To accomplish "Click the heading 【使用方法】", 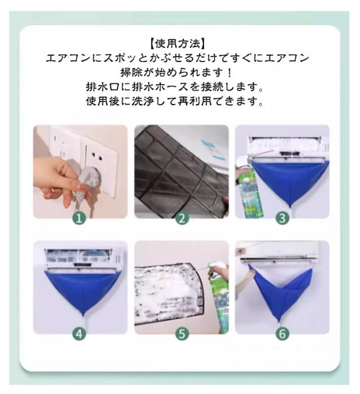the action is (x=178, y=44).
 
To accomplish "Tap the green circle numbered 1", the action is (x=79, y=219).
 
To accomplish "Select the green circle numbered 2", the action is (x=182, y=219).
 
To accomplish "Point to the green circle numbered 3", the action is (x=282, y=219).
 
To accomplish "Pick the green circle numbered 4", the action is (x=79, y=334).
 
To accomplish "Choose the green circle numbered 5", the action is (x=182, y=334).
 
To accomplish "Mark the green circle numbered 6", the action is (x=282, y=334).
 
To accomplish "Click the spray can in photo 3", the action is (x=249, y=187).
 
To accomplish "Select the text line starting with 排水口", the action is (x=175, y=87).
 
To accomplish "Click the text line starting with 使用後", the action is (x=175, y=101).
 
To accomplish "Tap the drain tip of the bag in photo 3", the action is (x=291, y=206).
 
